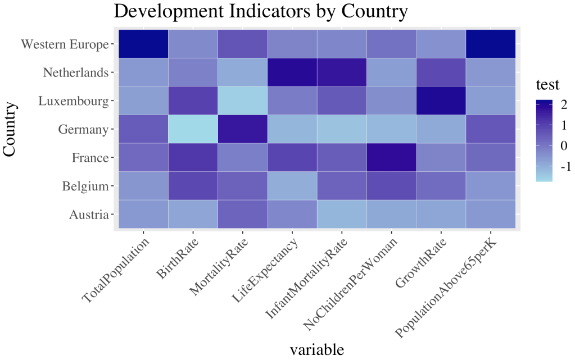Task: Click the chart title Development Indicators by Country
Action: tap(260, 11)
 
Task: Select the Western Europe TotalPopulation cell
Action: tap(143, 44)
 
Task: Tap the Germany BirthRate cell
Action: tap(193, 129)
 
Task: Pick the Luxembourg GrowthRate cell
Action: tap(441, 101)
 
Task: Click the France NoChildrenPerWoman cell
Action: tap(391, 158)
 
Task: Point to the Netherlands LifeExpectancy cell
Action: tap(292, 72)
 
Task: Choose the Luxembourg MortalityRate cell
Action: tap(242, 101)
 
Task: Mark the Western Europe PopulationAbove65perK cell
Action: tap(491, 44)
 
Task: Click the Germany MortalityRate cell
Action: tap(242, 129)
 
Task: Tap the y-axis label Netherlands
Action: tap(75, 72)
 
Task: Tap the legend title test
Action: tap(547, 85)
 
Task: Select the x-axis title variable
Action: tap(316, 349)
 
